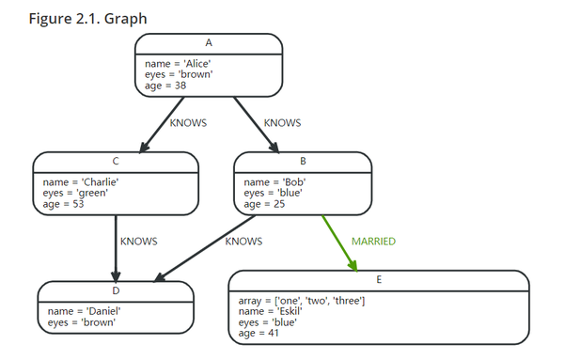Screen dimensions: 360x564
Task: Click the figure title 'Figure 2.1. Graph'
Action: click(87, 19)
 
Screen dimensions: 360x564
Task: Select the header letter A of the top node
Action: click(209, 43)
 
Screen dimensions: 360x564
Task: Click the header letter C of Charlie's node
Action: click(115, 162)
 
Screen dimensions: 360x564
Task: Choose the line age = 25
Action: click(265, 203)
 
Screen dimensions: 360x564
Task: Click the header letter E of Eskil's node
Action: click(378, 280)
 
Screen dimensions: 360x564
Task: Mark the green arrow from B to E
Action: click(340, 242)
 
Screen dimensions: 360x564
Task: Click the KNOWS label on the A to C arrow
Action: click(187, 122)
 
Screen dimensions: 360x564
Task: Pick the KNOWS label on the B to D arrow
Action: click(244, 242)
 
